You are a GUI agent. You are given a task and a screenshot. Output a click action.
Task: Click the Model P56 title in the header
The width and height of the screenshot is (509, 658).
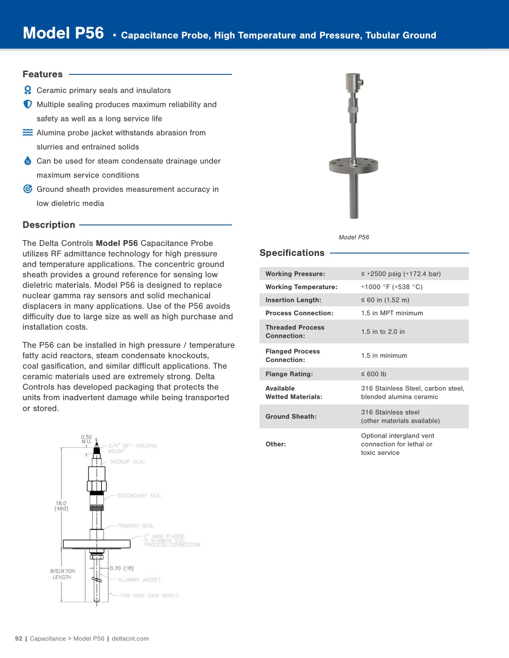click(x=63, y=33)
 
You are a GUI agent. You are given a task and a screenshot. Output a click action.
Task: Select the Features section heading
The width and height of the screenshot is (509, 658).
click(x=42, y=74)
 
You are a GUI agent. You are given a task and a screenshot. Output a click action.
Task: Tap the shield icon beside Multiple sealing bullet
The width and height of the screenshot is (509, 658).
click(x=27, y=104)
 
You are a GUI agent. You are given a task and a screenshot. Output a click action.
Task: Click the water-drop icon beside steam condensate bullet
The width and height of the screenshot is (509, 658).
click(x=27, y=161)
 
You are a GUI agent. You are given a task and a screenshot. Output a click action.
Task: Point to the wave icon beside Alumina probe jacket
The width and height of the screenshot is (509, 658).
click(x=27, y=133)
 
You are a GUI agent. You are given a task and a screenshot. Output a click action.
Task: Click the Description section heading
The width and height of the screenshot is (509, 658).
click(x=49, y=225)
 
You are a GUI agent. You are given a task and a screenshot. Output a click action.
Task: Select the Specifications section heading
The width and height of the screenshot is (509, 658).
click(x=292, y=253)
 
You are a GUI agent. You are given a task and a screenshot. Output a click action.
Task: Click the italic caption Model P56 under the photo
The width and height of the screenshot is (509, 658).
click(x=353, y=237)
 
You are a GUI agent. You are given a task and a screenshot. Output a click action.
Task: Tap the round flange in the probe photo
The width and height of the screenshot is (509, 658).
click(x=353, y=165)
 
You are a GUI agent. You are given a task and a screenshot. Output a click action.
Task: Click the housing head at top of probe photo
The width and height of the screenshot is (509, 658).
click(x=353, y=82)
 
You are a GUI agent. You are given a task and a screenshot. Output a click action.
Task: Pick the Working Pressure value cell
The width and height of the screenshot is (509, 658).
click(x=400, y=274)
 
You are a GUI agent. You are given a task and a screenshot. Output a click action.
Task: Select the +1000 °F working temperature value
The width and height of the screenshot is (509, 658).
click(x=391, y=287)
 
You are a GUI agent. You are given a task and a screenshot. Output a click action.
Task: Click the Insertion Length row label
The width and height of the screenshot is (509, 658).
click(x=293, y=300)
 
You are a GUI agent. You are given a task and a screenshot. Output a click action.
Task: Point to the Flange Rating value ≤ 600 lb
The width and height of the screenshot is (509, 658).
click(x=373, y=374)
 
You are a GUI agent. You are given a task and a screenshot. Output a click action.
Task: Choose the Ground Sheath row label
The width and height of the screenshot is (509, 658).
click(x=291, y=416)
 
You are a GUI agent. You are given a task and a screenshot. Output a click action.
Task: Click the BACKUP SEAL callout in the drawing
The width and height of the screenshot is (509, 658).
click(x=127, y=462)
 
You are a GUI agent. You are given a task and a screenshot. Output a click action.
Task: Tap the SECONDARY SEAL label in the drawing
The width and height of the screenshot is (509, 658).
click(x=139, y=496)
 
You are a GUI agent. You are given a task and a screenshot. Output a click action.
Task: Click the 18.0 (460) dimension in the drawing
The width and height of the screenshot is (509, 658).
click(x=61, y=506)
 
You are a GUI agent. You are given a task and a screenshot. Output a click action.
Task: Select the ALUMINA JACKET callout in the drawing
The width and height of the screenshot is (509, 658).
click(x=139, y=579)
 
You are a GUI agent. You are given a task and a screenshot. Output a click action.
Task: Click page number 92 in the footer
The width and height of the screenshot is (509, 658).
click(x=19, y=638)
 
